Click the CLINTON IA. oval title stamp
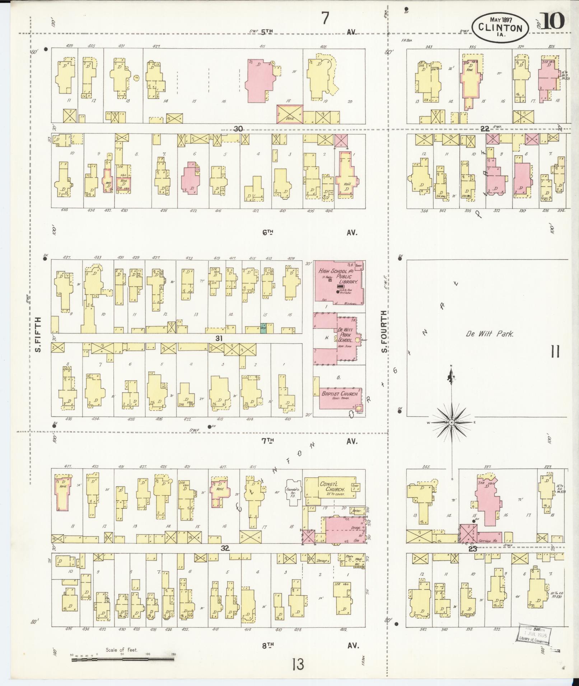[500, 27]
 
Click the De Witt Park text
[490, 334]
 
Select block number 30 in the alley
[238, 129]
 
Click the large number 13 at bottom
[298, 664]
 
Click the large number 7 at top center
[325, 19]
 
